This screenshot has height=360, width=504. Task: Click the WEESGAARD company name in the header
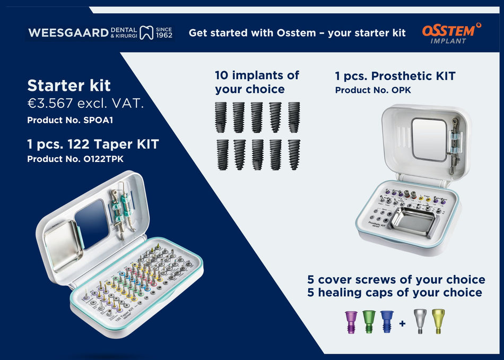click(x=68, y=32)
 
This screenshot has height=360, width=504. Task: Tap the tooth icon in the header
click(x=146, y=32)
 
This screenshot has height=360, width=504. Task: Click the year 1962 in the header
click(x=164, y=36)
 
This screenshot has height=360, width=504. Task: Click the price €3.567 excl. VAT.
click(x=85, y=104)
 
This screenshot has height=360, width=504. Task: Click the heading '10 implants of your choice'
click(x=257, y=82)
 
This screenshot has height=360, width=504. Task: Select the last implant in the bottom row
click(x=293, y=154)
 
